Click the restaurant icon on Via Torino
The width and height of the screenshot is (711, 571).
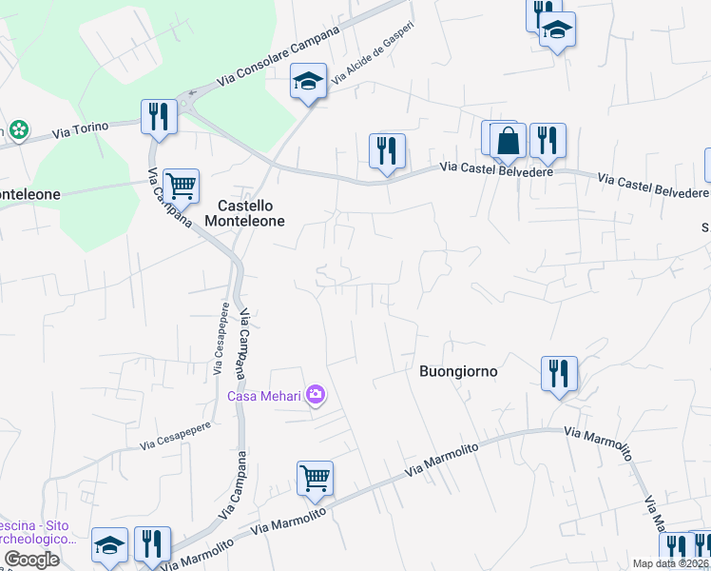tap(159, 116)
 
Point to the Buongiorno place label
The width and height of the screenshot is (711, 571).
tap(458, 371)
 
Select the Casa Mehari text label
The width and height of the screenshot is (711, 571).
tap(263, 396)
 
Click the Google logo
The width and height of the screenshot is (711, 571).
tap(31, 560)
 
